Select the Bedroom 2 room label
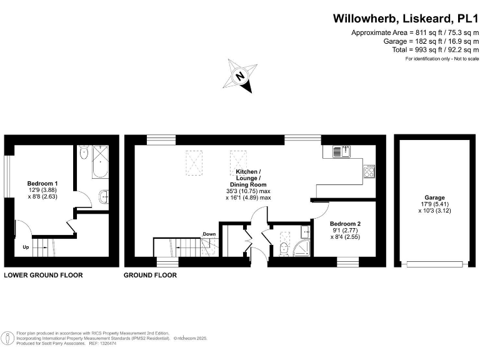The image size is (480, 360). tap(345, 224)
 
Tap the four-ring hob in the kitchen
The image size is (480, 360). tap(369, 169)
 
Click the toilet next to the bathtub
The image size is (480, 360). tap(104, 196)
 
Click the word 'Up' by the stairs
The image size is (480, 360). tap(26, 247)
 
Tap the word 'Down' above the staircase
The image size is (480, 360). tap(209, 234)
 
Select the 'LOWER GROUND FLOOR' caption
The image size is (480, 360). tap(43, 275)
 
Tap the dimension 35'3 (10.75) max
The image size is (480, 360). tap(249, 191)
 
